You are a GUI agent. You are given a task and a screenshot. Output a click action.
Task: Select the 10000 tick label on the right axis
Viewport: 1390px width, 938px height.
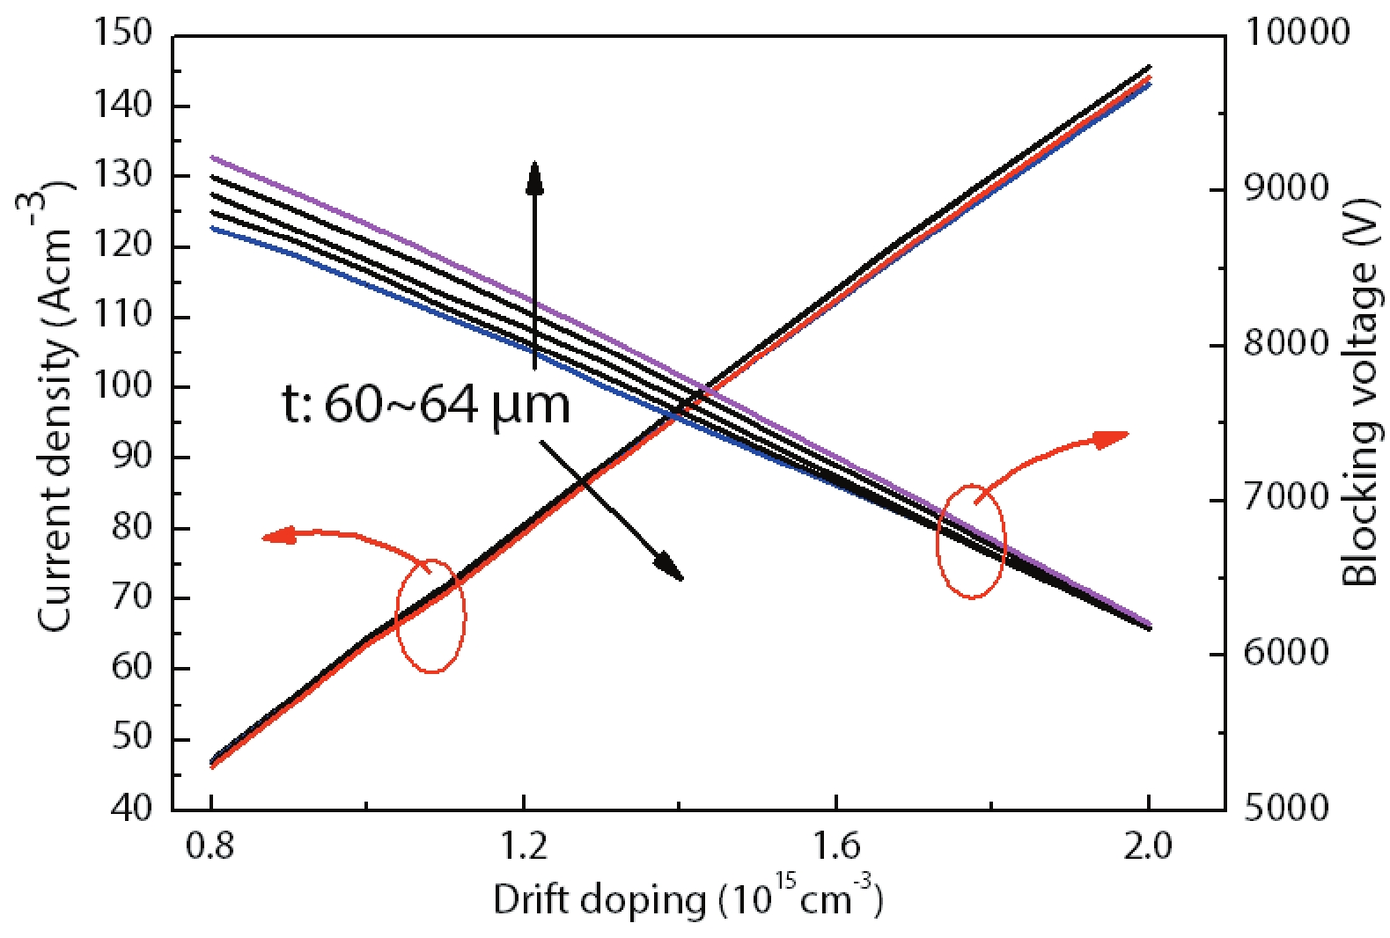(1297, 33)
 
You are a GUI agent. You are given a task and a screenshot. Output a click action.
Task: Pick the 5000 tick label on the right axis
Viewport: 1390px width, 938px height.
(1286, 807)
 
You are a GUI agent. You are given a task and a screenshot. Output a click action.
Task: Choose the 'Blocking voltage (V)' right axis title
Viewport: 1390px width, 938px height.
(1360, 392)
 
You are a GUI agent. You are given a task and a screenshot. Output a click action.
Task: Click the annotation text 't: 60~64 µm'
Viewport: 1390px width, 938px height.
(426, 406)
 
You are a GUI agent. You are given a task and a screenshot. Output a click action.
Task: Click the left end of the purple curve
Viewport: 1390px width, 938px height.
(212, 158)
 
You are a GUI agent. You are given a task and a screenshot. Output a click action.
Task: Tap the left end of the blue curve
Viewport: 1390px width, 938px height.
(212, 228)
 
